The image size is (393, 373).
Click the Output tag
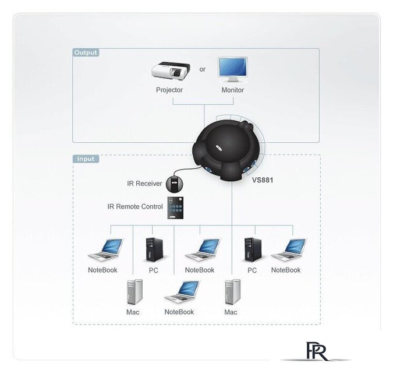tap(86, 52)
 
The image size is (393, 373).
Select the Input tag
tap(86, 159)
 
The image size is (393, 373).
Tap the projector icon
tap(171, 71)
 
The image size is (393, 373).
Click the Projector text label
tap(169, 90)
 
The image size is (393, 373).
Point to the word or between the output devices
tap(203, 69)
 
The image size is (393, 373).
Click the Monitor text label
tap(232, 90)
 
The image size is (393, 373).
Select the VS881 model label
tap(263, 180)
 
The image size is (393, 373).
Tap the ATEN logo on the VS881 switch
tap(219, 148)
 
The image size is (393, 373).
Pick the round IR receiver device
tap(175, 184)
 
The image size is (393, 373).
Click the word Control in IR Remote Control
tap(152, 207)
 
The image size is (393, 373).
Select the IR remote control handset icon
tap(175, 208)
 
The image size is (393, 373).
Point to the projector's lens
tap(177, 73)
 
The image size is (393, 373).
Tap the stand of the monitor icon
tap(233, 80)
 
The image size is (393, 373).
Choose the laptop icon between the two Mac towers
tap(183, 292)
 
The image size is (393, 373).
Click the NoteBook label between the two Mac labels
tap(179, 312)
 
